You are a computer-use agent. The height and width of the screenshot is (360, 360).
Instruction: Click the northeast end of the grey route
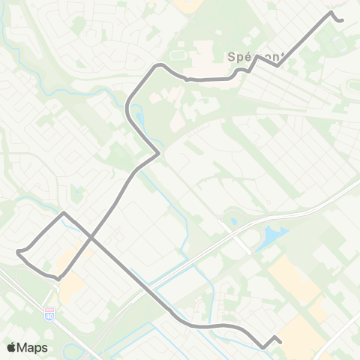click(341, 20)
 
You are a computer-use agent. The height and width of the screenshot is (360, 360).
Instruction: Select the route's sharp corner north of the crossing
click(64, 213)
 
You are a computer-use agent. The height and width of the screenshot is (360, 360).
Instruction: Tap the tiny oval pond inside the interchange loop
click(233, 222)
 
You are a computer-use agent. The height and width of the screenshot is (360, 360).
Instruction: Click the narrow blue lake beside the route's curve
click(139, 118)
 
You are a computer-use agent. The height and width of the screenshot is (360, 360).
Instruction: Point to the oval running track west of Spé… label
click(178, 55)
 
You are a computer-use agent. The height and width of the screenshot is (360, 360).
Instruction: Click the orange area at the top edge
click(184, 3)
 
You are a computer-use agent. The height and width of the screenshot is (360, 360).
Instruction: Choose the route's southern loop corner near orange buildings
click(57, 279)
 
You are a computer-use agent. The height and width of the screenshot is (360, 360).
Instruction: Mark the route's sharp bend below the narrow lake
click(158, 154)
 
